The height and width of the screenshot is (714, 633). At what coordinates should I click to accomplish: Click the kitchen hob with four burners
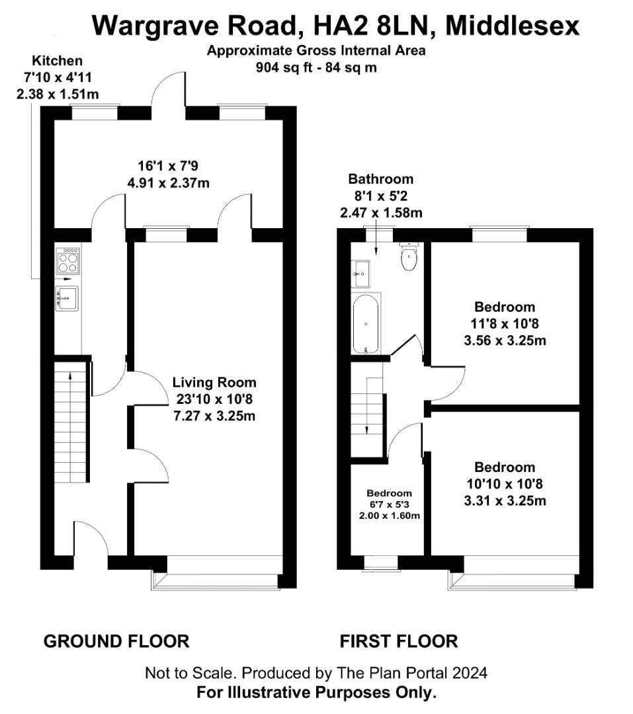coord(68,261)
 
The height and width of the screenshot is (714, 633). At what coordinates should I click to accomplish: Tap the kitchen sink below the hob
coord(67,299)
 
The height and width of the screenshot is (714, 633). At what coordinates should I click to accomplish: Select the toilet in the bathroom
coord(409,256)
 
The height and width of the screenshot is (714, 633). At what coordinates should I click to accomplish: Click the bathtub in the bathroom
coord(366,324)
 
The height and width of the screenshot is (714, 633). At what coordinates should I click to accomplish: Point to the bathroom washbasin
coord(360,274)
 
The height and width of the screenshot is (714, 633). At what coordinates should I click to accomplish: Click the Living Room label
coord(214,382)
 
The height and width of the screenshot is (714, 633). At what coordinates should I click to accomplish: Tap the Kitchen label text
coord(58,61)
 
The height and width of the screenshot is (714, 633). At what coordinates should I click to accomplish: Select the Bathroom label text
coord(380,179)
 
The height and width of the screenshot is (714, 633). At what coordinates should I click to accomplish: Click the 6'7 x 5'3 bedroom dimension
coord(389,504)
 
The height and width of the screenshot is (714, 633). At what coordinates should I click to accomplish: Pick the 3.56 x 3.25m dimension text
coord(505,340)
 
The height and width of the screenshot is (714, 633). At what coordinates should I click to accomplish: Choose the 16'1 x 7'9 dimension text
coord(168,166)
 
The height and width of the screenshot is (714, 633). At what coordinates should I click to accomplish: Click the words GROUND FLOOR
coord(116,641)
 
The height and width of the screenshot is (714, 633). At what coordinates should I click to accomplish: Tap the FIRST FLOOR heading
coord(399,641)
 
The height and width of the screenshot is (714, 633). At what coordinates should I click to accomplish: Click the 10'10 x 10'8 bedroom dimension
coord(505,484)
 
